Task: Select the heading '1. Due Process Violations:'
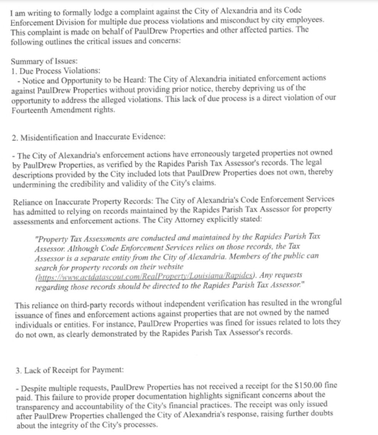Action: click(x=56, y=71)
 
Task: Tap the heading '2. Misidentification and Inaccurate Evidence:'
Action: click(x=89, y=137)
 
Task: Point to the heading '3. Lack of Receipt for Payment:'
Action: click(x=70, y=370)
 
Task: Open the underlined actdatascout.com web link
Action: click(x=146, y=276)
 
